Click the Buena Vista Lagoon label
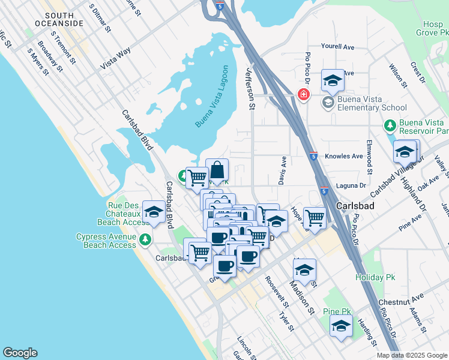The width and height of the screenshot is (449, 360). [211, 96]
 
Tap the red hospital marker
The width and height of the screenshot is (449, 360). [304, 95]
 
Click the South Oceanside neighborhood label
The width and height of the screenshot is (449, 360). [64, 19]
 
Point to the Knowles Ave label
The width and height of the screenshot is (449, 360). [344, 156]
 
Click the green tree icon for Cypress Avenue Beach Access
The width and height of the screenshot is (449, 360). [145, 241]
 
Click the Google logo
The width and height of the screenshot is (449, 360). [20, 353]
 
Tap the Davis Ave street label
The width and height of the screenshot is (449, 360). [282, 171]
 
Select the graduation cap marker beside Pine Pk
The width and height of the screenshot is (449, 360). [341, 326]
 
